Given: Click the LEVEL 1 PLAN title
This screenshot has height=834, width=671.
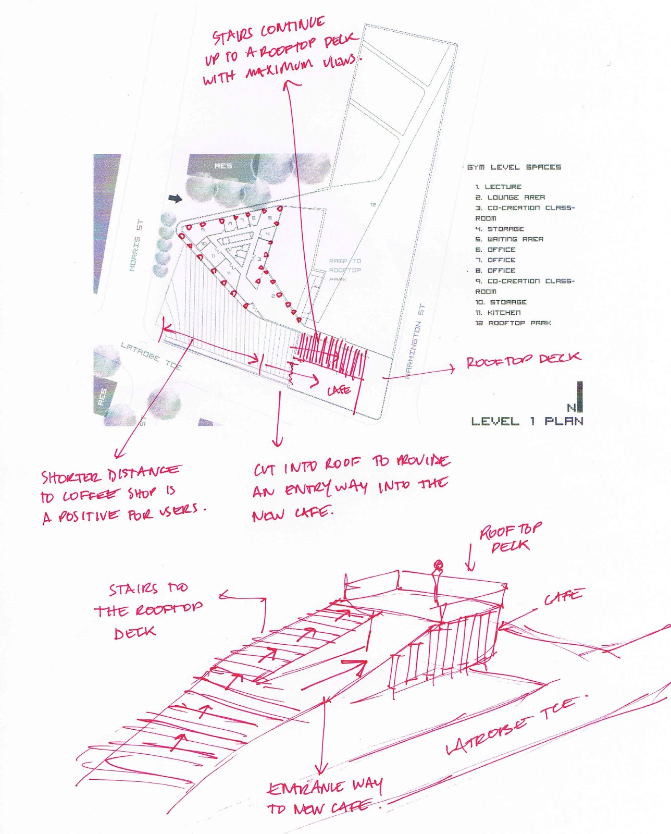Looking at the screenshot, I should [527, 421].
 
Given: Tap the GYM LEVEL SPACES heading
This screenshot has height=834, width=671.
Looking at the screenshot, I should [514, 167].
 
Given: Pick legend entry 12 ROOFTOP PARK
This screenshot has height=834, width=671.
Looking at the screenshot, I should [513, 323].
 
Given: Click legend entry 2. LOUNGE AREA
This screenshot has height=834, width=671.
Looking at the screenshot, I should [510, 198].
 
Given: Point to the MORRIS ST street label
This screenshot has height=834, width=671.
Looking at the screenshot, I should [136, 246].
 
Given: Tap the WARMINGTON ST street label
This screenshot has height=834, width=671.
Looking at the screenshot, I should [415, 341].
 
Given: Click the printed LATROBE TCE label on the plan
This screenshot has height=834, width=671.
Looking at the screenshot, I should [151, 355].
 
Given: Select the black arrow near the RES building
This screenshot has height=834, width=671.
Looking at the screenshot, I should [176, 198].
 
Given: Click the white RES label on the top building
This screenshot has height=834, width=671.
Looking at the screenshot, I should [222, 166].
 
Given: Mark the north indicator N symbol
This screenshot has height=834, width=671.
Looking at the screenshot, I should [571, 407].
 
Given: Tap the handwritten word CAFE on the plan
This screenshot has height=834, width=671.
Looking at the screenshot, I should [339, 390].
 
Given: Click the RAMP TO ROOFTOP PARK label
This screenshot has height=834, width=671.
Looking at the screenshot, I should [344, 270].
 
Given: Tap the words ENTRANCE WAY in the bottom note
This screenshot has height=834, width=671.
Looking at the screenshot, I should [325, 786].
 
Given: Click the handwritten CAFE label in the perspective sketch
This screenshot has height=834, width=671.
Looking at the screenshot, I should [564, 597].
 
